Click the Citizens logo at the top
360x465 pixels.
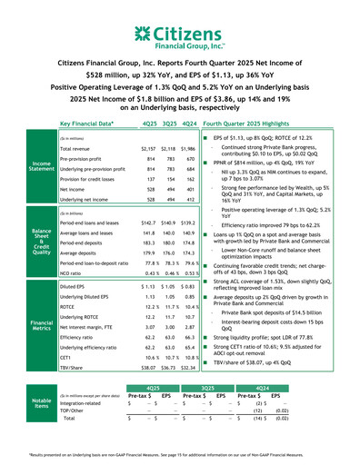tap(179, 35)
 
